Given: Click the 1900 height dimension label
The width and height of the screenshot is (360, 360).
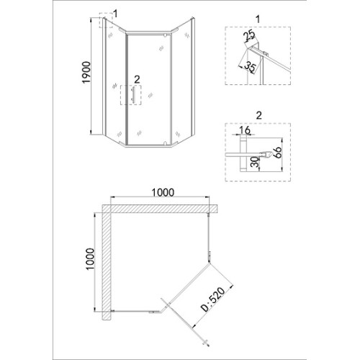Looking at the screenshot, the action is tap(86, 73).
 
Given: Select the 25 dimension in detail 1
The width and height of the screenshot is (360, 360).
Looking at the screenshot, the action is tap(249, 37).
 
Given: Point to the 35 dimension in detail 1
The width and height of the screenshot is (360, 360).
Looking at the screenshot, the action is tap(251, 66).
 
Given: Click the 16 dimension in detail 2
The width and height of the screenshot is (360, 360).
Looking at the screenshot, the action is tap(245, 130).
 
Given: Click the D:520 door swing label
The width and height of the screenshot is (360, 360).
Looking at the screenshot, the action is tap(213, 300).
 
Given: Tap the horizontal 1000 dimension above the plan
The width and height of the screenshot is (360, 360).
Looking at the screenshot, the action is tap(163, 192).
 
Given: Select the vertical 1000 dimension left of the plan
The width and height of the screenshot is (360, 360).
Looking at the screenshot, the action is tap(90, 259).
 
